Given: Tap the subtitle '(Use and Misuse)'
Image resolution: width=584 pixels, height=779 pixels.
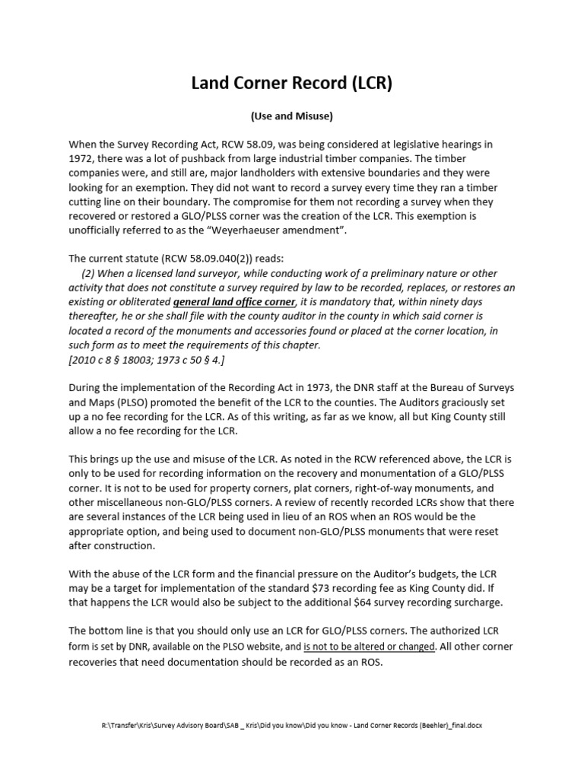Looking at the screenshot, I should coord(291,116).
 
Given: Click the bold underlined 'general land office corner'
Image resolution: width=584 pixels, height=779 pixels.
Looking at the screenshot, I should coord(234,301).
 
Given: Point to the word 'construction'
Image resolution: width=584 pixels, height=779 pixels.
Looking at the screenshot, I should coord(120,546).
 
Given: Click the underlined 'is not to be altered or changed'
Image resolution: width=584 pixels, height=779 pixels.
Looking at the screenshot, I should coord(370,647).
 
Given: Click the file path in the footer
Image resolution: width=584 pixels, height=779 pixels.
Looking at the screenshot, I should coord(291,726).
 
